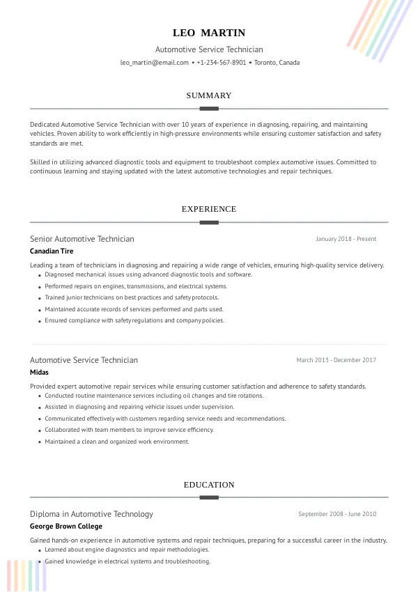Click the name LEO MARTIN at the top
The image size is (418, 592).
209,33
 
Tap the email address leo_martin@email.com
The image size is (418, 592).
155,63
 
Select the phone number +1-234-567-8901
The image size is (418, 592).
222,63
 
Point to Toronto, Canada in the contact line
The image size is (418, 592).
277,63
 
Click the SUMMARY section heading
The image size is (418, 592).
209,95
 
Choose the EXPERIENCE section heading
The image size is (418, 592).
209,209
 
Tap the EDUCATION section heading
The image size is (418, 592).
209,485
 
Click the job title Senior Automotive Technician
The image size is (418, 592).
82,239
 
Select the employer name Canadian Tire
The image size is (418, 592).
52,251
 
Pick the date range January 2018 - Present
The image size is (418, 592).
346,239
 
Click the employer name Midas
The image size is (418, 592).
39,373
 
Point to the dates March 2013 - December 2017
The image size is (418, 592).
336,360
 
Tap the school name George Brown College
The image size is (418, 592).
66,527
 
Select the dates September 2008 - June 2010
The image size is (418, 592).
337,514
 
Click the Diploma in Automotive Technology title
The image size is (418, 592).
91,514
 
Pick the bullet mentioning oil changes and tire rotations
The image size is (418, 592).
144,396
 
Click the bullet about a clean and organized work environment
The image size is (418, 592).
116,442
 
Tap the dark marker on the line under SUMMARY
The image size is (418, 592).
209,109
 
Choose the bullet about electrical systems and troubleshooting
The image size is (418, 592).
127,561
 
